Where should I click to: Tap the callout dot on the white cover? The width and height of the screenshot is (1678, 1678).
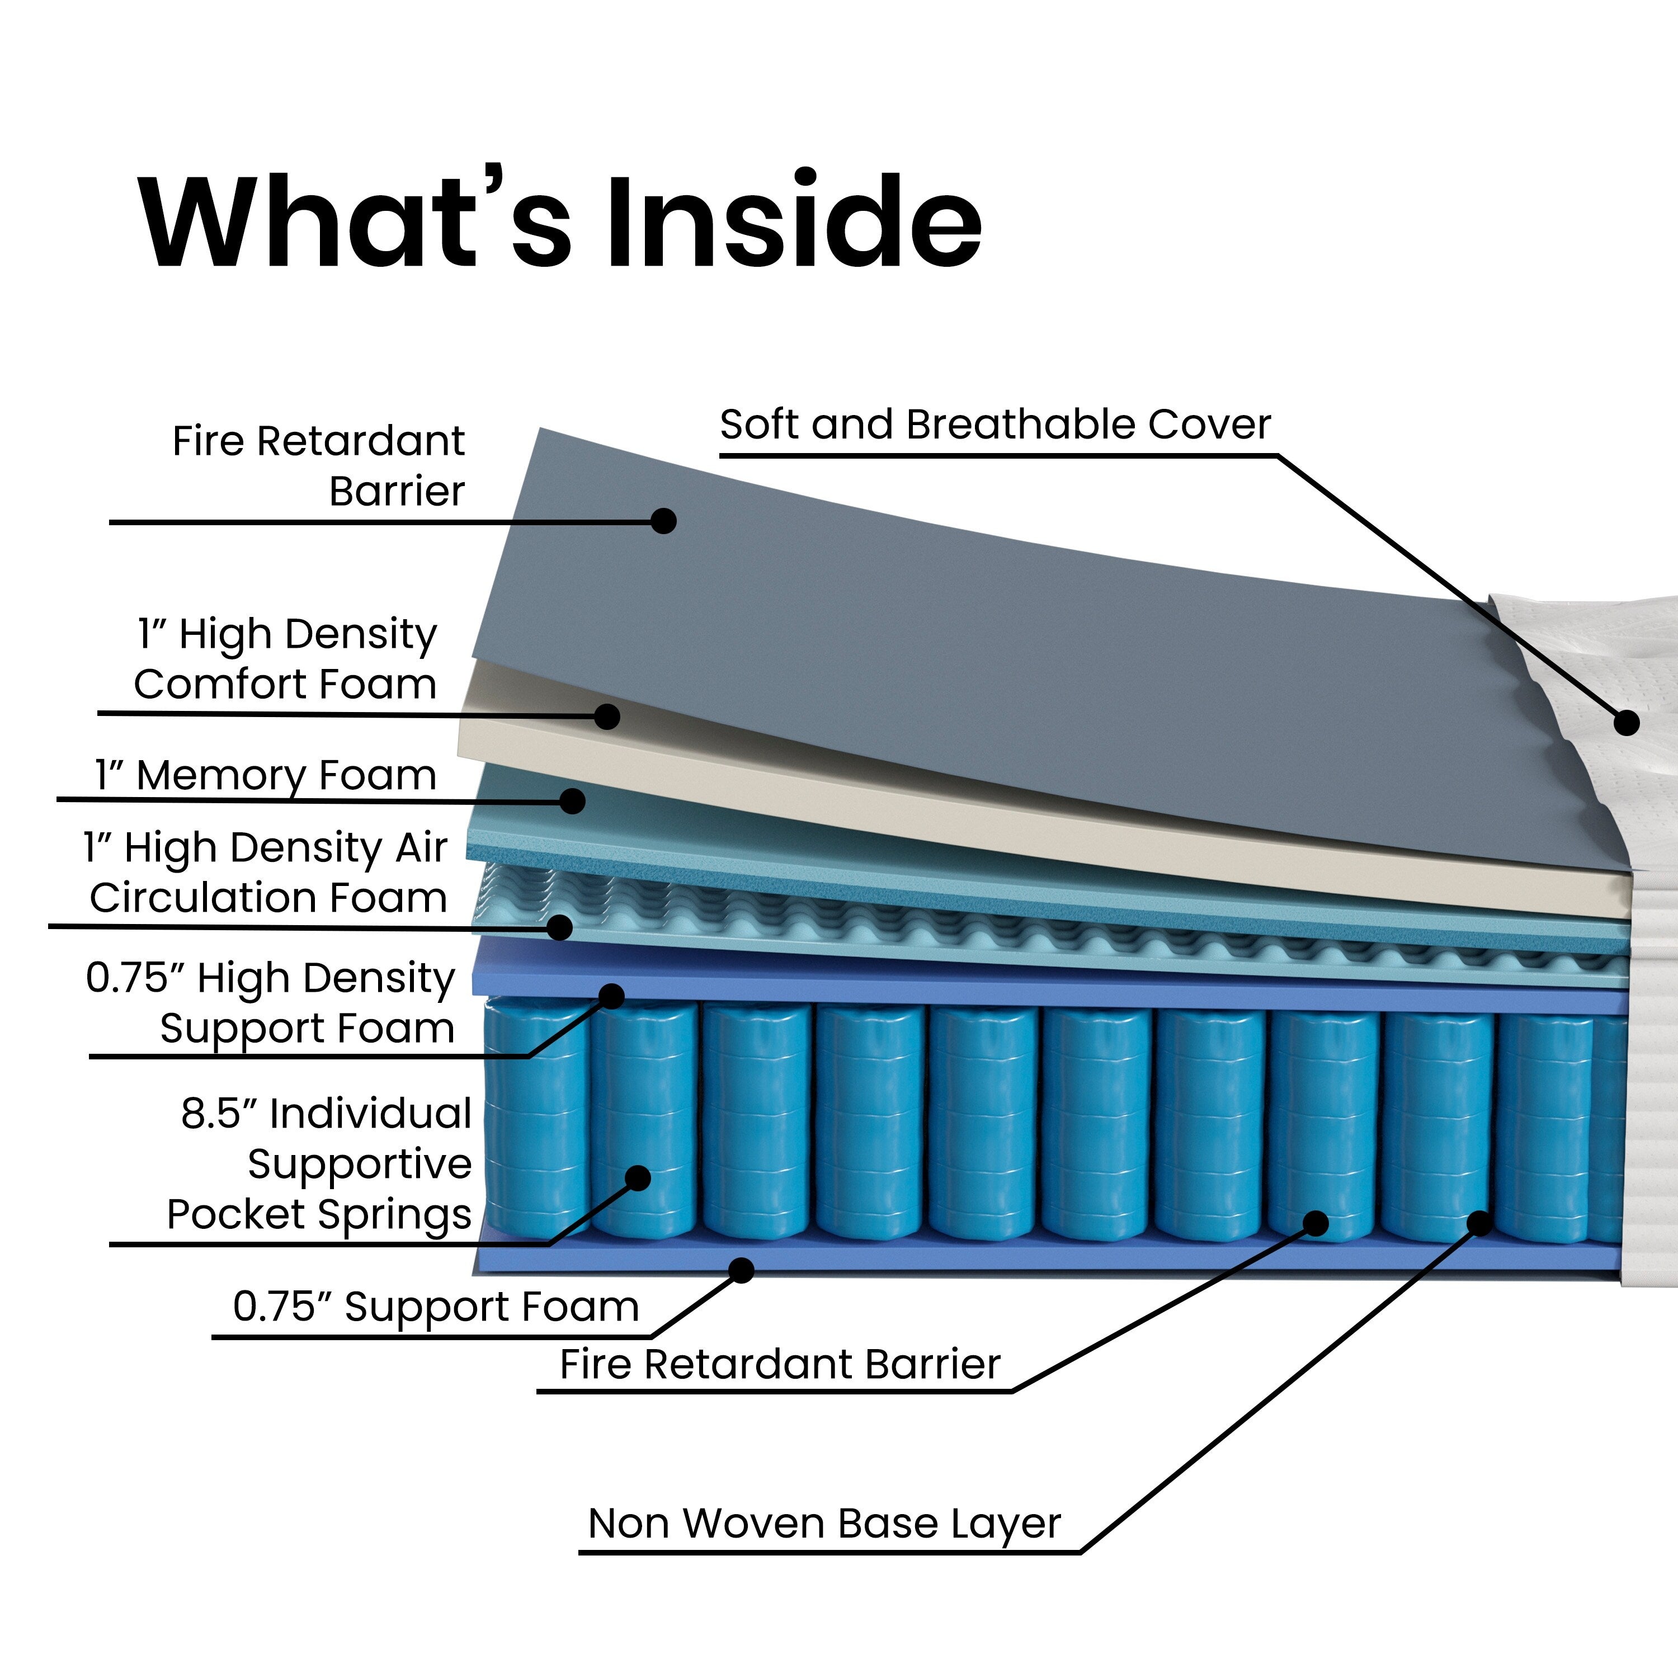click(x=1626, y=723)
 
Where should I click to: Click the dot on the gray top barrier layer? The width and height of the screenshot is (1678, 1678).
click(x=663, y=521)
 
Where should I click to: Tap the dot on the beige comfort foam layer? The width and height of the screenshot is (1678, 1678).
click(x=607, y=717)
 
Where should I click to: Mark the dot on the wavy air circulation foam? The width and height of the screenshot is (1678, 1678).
click(x=560, y=927)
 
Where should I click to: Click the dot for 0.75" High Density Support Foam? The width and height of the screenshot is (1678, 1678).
click(x=611, y=996)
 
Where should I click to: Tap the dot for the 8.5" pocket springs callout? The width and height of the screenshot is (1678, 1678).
click(x=638, y=1179)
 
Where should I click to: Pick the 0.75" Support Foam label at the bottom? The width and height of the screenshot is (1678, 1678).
click(x=436, y=1306)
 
